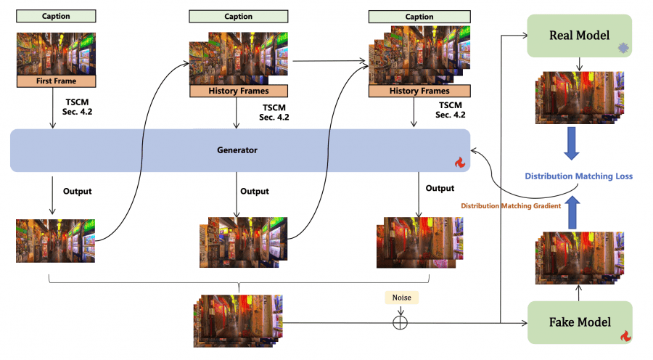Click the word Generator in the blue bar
point(239,150)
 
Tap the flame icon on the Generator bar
point(459,163)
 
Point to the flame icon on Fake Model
point(624,335)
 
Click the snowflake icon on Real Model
point(622,47)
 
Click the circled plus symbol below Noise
point(399,322)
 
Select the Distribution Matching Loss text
point(578,176)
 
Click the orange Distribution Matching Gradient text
point(511,206)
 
